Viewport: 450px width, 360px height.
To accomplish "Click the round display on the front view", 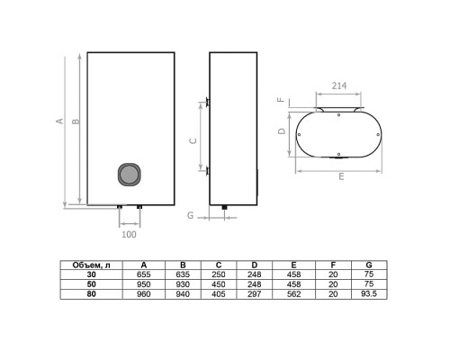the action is point(130,174).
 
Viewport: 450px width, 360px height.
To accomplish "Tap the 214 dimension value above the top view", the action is point(339,85).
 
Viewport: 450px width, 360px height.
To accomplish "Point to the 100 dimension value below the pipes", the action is point(129,234).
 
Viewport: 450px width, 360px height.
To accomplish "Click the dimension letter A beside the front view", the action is point(60,121).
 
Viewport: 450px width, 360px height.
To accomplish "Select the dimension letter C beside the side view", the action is point(193,140).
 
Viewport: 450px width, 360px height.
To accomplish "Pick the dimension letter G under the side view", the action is point(191,215).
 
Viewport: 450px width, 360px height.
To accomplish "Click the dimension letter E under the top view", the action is point(341,176).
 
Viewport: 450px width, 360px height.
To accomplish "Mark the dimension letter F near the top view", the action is point(281,99).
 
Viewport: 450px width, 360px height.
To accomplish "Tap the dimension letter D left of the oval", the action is point(282,131).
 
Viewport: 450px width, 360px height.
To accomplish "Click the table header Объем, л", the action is point(91,265).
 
